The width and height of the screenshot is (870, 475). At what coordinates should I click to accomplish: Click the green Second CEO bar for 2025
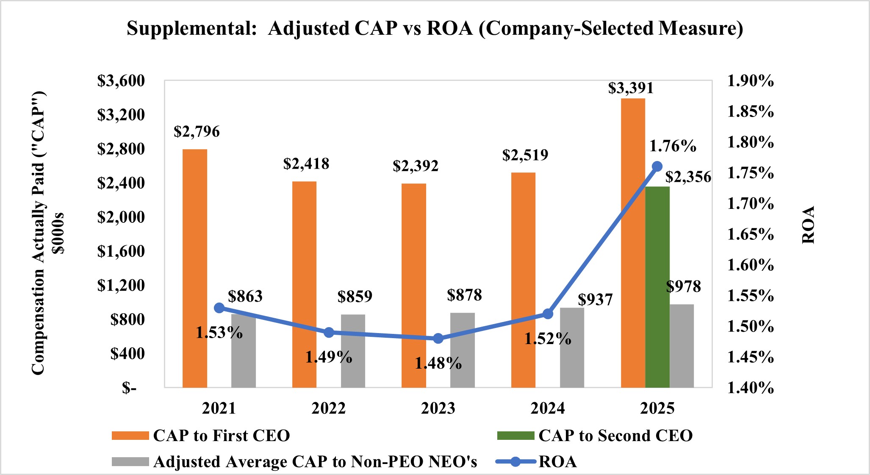(657, 287)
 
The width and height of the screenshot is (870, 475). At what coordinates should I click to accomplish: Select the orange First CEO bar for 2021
(195, 268)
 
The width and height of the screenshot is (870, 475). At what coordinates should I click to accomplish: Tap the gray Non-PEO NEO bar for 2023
(463, 350)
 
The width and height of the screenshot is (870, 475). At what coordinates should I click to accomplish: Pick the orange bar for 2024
(523, 280)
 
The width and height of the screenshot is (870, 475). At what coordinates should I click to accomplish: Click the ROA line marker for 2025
(657, 166)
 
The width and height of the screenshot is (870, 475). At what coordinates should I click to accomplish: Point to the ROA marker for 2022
(329, 333)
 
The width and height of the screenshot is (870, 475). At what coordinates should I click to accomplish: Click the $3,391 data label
(631, 88)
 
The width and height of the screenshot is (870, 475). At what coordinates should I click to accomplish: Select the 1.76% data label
(673, 146)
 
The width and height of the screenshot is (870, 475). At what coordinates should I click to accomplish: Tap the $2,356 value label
(688, 177)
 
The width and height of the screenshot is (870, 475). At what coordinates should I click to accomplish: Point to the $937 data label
(595, 300)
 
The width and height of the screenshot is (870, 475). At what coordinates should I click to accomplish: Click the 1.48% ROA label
(438, 363)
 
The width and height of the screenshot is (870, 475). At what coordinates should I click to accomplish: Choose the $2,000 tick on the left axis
(121, 217)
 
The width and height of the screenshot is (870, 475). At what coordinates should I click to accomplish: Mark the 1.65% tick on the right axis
(750, 234)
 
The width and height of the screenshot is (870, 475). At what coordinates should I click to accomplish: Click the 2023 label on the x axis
(438, 408)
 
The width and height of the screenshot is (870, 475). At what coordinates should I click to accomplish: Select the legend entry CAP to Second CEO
(615, 436)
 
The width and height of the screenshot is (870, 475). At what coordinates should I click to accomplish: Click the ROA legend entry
(557, 461)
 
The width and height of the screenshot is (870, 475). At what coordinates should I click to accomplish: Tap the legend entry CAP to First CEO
(221, 436)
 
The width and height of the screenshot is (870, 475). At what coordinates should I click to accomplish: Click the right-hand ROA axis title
(808, 225)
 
